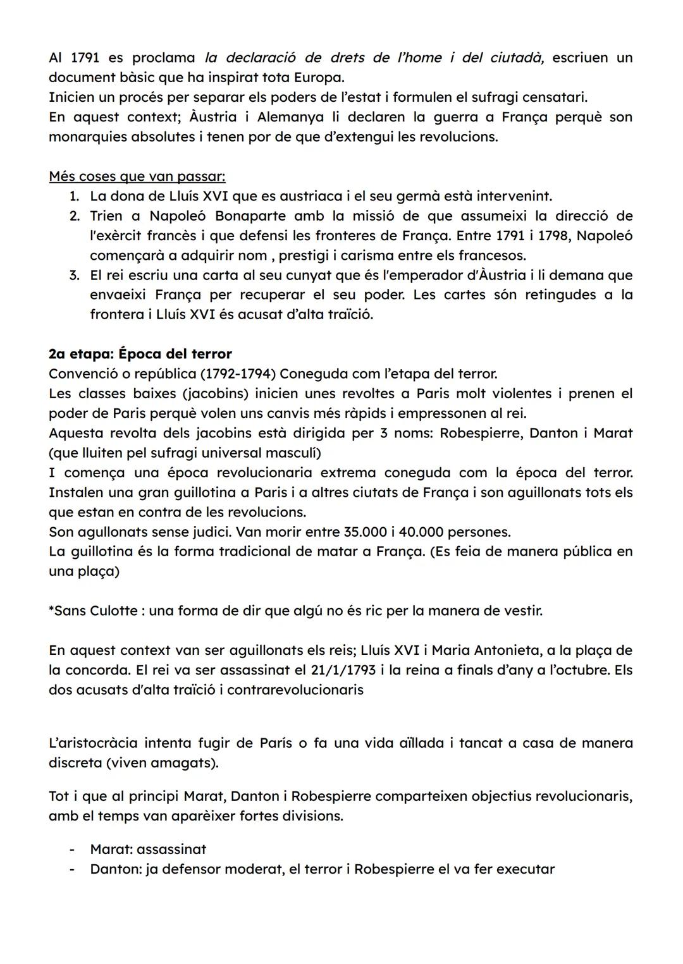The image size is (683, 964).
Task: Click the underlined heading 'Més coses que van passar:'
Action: (137, 176)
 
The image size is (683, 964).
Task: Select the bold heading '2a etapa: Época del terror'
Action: (140, 354)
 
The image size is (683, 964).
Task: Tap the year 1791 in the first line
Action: (83, 58)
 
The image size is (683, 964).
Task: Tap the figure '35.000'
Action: (365, 532)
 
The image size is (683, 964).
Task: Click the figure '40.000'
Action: (425, 532)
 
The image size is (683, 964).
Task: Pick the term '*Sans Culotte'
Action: (93, 611)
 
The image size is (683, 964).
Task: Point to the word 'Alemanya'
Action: (292, 117)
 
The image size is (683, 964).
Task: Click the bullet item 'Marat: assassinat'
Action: (148, 849)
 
